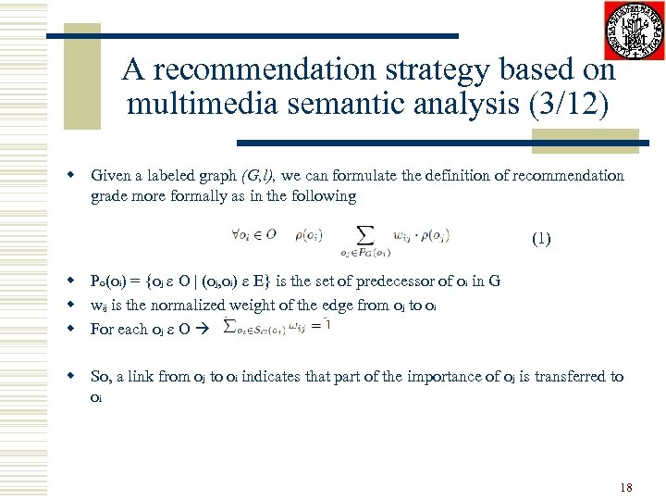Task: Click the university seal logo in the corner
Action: coord(634,31)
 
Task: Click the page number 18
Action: coord(625,486)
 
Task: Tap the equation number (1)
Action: coord(541,239)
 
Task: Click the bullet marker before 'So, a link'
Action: coord(69,377)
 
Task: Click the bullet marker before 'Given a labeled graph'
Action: coord(69,176)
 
